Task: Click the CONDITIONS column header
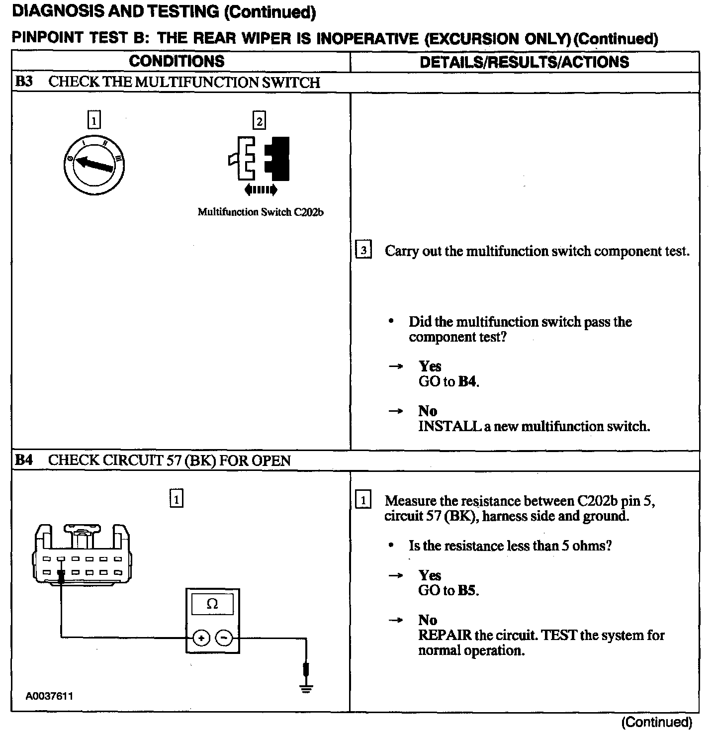coord(177,62)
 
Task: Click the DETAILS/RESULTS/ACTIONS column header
coord(524,62)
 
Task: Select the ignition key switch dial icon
coord(94,165)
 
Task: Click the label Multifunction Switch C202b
coord(261,212)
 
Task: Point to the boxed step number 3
coord(363,250)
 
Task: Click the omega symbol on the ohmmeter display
coord(212,604)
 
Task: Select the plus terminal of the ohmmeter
coord(201,638)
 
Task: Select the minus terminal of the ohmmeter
coord(224,638)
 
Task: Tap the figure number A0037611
coord(50,696)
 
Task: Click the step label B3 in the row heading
coord(23,82)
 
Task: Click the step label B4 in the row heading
coord(23,460)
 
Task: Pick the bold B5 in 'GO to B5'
coord(467,591)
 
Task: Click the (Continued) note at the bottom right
coord(656,722)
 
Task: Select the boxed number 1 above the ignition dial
coord(93,120)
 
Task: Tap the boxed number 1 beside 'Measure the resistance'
coord(363,500)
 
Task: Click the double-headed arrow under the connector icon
coord(261,189)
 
